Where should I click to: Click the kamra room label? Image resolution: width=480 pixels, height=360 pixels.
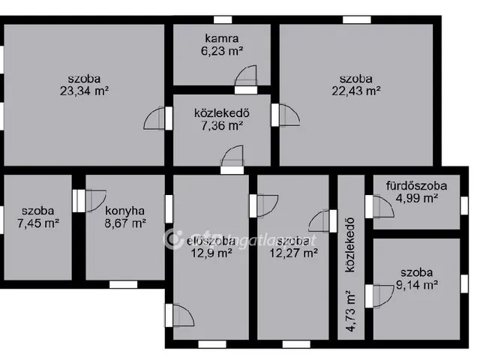pos(223,37)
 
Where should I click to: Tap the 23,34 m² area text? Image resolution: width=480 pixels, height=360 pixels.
pos(82,91)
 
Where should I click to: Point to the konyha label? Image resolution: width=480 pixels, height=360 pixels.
pos(125,210)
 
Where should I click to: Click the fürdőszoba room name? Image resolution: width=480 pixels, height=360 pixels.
pos(416,185)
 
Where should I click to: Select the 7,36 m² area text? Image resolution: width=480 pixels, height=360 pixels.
pos(221,126)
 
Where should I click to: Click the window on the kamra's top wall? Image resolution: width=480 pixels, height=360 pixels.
pos(223,19)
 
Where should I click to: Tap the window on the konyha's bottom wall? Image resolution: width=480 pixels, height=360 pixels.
pos(123,284)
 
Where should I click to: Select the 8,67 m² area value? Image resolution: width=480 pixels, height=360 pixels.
pos(125,223)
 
